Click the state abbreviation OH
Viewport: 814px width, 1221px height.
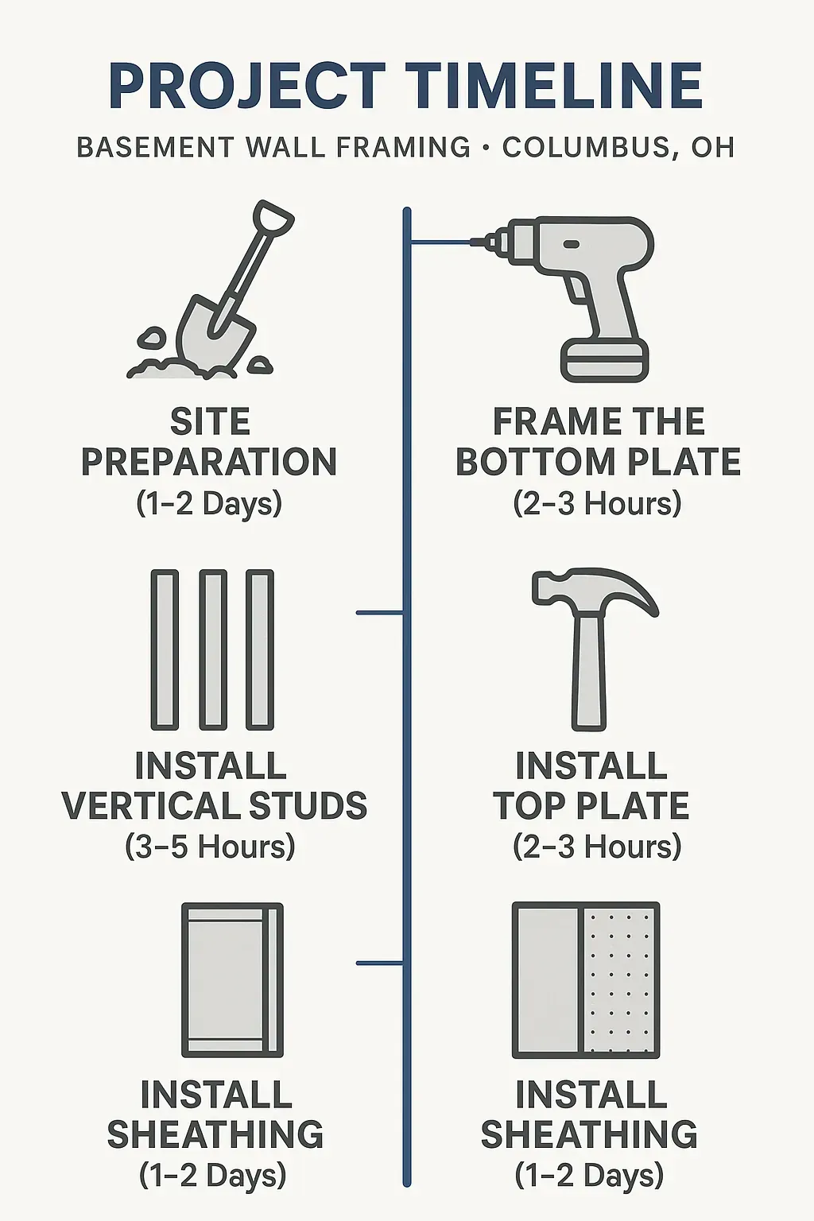pyautogui.click(x=712, y=148)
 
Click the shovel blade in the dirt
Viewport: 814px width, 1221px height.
pyautogui.click(x=208, y=331)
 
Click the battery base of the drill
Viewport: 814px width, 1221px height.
pyautogui.click(x=605, y=361)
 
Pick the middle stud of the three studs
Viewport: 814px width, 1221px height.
pyautogui.click(x=212, y=649)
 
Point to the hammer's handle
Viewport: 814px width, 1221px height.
pyautogui.click(x=590, y=676)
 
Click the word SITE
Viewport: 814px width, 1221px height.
pyautogui.click(x=210, y=422)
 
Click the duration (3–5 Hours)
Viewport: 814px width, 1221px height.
pyautogui.click(x=210, y=847)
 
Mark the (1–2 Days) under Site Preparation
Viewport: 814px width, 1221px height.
pyautogui.click(x=209, y=503)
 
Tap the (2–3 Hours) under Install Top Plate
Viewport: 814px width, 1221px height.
pyautogui.click(x=597, y=847)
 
